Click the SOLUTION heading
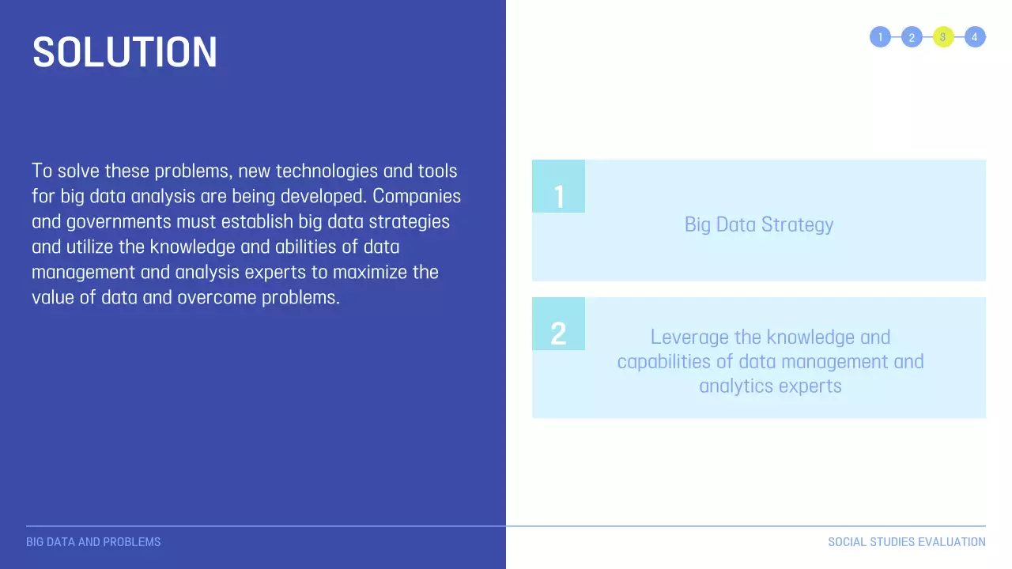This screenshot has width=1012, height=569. point(125,52)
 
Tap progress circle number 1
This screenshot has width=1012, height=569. point(880,37)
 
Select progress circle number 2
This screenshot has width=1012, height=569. point(912,37)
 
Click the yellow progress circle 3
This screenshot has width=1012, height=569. point(943,37)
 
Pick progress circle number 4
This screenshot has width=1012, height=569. point(975,37)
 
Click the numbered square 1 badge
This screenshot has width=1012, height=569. point(558,187)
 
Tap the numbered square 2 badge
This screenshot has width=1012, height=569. point(558,324)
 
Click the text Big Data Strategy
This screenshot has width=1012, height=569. point(759,224)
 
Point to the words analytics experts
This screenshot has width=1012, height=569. point(770,386)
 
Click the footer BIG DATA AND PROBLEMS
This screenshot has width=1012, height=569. point(93,542)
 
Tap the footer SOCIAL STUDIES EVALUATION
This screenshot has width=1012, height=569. point(906,542)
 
